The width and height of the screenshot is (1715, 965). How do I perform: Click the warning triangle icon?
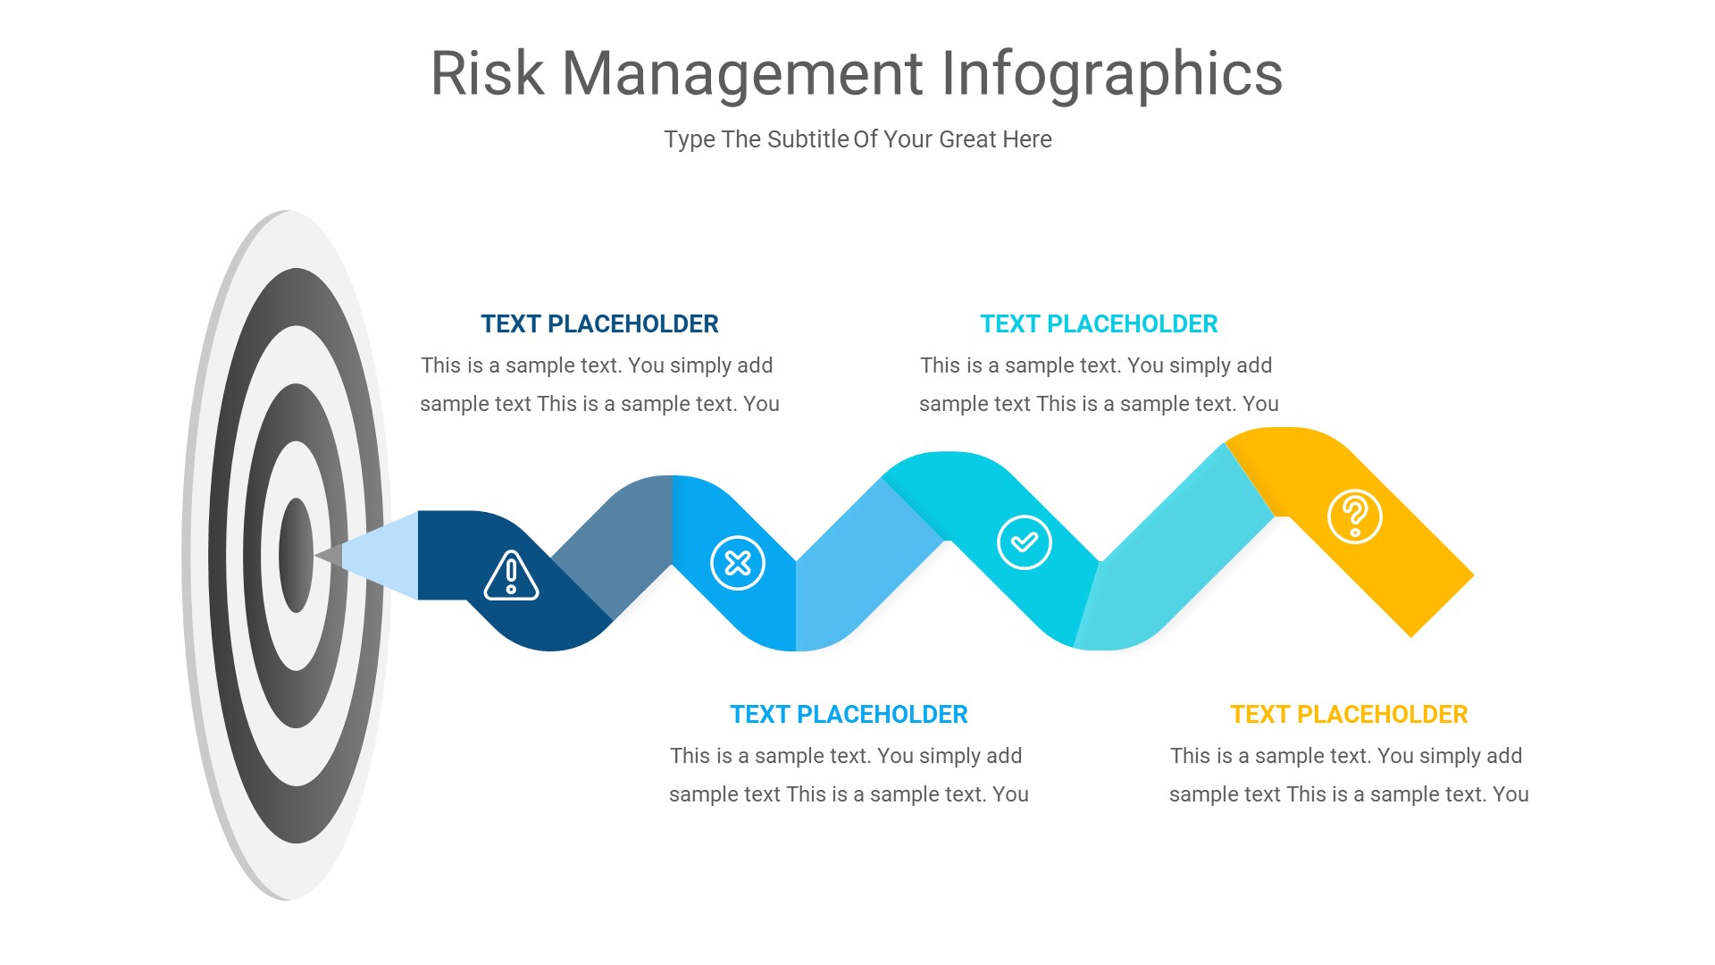tap(511, 575)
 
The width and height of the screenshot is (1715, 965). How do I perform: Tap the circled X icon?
tap(738, 563)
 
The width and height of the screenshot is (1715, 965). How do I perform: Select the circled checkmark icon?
tap(1024, 542)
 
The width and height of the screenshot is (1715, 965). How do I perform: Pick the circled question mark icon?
tap(1355, 516)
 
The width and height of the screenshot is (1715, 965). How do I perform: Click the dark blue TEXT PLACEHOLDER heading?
tap(599, 323)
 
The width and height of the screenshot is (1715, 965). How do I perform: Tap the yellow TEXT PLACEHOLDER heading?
tap(1349, 714)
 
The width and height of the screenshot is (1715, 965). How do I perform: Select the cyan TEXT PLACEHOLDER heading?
tap(1099, 323)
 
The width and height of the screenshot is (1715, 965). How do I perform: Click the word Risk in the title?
tap(487, 73)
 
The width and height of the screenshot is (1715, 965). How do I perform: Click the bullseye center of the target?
tap(296, 555)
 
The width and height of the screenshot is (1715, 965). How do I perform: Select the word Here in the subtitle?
tap(1027, 139)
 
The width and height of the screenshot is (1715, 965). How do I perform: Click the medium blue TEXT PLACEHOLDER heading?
tap(849, 714)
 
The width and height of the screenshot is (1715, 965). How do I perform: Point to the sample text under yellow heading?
tap(1349, 775)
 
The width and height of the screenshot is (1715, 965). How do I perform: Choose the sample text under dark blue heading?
tap(599, 384)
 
